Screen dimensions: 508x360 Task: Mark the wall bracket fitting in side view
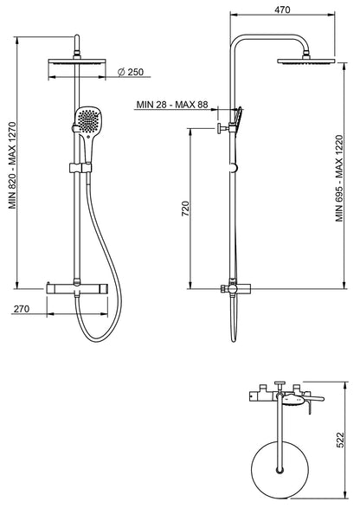(223, 130)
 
